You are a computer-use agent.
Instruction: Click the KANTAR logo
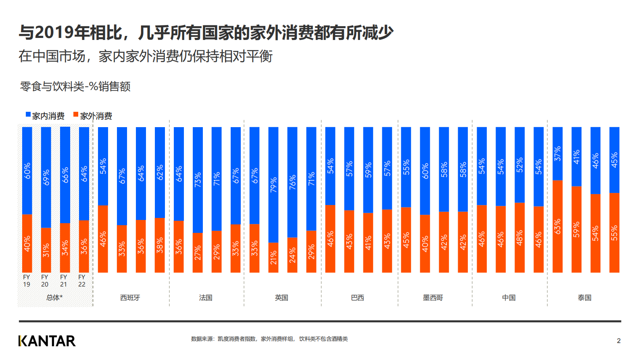(x=47, y=341)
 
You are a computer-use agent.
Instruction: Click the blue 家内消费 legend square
(x=28, y=115)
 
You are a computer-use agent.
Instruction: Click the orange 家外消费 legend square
(x=76, y=115)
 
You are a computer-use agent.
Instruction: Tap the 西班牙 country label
(x=130, y=298)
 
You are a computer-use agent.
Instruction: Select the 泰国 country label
(x=584, y=298)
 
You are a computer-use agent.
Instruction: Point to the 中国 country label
(x=509, y=298)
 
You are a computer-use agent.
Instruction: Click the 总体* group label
(x=54, y=298)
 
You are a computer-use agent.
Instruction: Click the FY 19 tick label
(x=27, y=280)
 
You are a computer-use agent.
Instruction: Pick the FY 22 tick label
(x=82, y=280)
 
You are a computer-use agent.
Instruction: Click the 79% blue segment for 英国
(x=273, y=184)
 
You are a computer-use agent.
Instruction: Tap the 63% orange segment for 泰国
(x=558, y=226)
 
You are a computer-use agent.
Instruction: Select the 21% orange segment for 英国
(x=273, y=257)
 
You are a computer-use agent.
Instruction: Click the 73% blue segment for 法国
(x=198, y=180)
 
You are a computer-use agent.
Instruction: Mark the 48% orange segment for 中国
(x=520, y=238)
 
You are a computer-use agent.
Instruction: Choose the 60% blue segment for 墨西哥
(x=425, y=171)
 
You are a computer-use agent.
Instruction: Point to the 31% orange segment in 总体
(x=46, y=250)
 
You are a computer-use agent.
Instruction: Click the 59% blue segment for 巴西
(x=368, y=170)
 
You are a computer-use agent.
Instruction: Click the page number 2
(x=619, y=341)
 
